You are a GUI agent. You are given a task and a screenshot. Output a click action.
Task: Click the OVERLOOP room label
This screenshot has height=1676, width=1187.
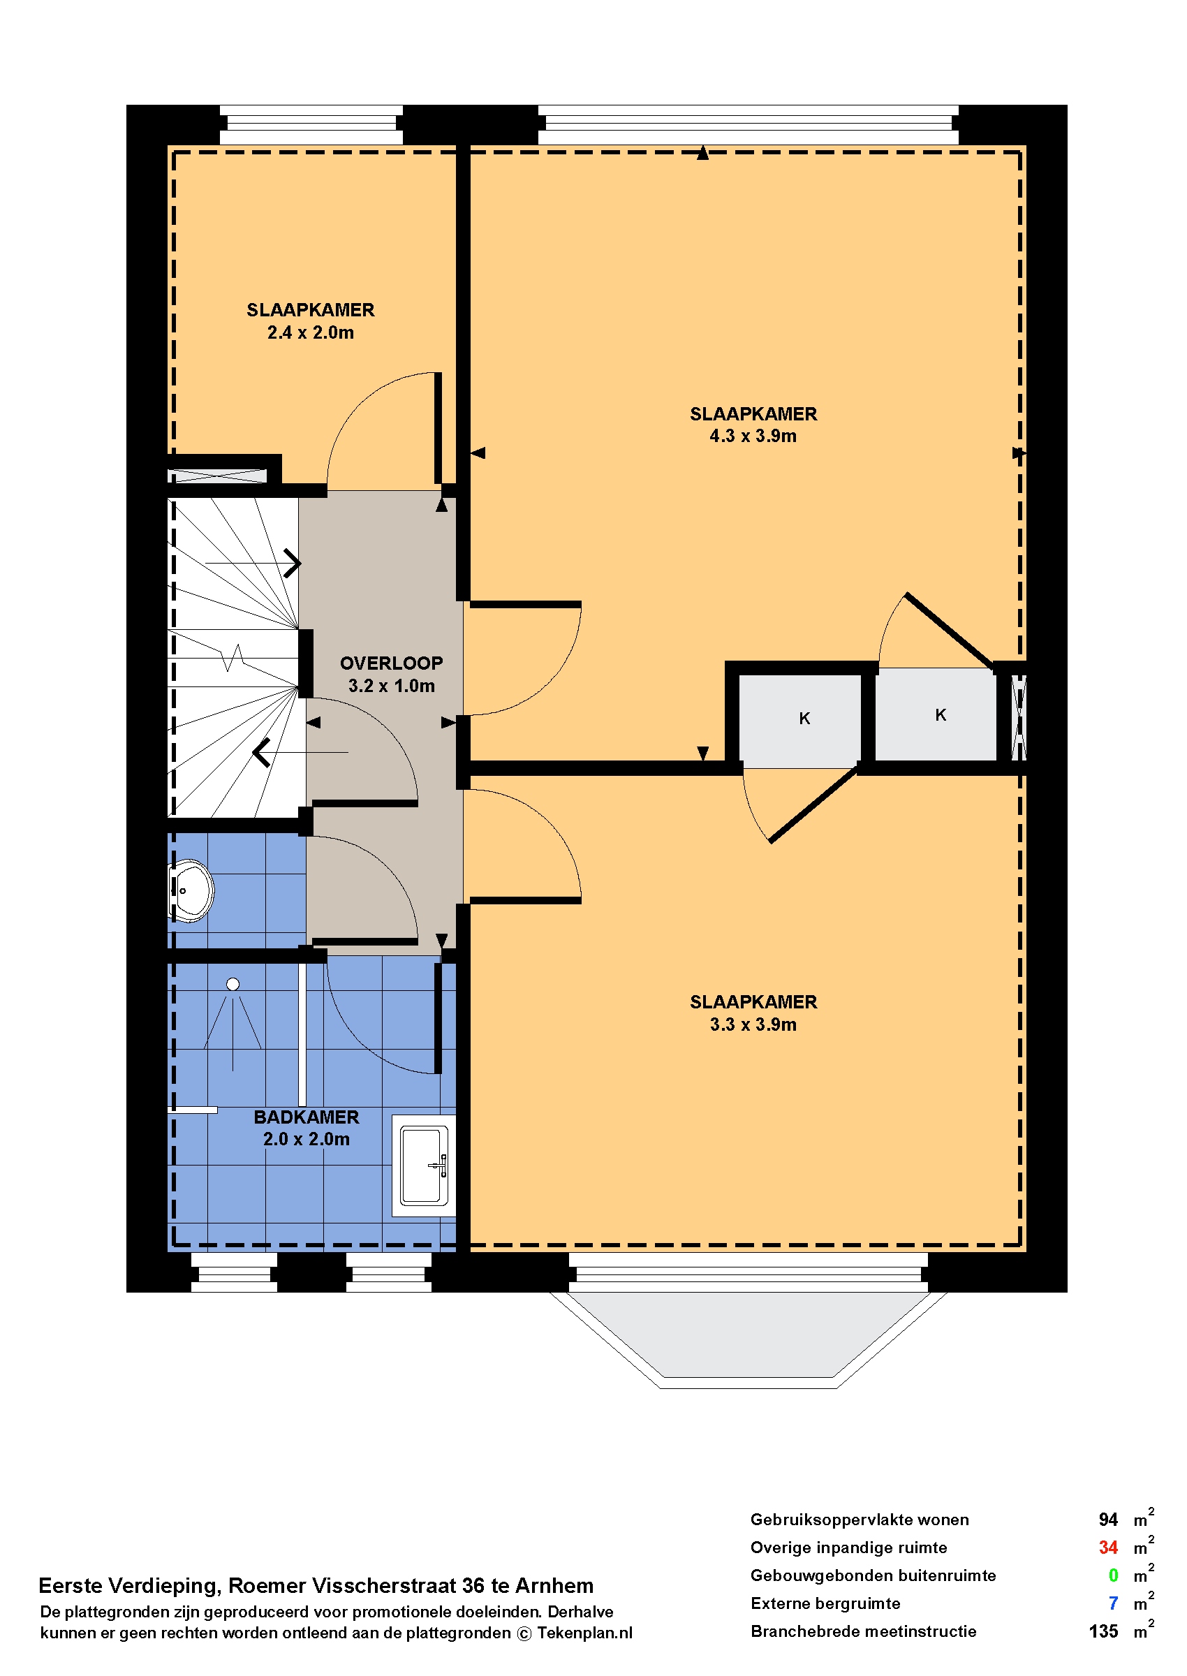click(x=391, y=663)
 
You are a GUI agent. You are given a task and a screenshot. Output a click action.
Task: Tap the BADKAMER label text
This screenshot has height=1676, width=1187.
click(x=307, y=1117)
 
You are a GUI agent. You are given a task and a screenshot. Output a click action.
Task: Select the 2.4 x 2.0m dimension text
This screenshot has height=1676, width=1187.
click(x=311, y=332)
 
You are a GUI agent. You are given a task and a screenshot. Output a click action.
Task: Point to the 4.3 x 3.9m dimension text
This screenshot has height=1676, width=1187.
click(x=753, y=436)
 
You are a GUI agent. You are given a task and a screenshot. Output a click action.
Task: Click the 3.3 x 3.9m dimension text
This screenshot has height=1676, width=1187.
click(x=753, y=1024)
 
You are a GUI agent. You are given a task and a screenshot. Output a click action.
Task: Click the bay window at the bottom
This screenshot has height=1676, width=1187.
click(x=749, y=1339)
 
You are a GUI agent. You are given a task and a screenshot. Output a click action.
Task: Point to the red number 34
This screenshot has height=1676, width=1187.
click(x=1108, y=1548)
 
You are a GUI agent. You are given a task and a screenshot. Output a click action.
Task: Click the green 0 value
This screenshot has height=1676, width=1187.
click(x=1113, y=1575)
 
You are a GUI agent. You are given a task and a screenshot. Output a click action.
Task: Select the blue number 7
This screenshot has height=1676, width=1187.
click(x=1113, y=1603)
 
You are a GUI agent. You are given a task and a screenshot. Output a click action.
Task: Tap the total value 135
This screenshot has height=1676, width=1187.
click(x=1104, y=1631)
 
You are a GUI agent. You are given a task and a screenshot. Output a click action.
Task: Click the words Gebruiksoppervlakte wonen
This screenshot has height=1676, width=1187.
click(x=860, y=1520)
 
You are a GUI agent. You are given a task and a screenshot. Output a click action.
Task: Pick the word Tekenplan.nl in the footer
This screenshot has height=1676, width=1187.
click(x=584, y=1633)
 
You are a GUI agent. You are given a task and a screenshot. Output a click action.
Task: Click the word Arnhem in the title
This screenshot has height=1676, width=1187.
click(x=555, y=1585)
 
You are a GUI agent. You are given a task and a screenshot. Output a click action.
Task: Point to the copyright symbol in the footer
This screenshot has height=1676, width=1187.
click(x=524, y=1633)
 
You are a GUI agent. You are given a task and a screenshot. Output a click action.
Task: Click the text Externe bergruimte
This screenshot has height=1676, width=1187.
click(x=825, y=1603)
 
